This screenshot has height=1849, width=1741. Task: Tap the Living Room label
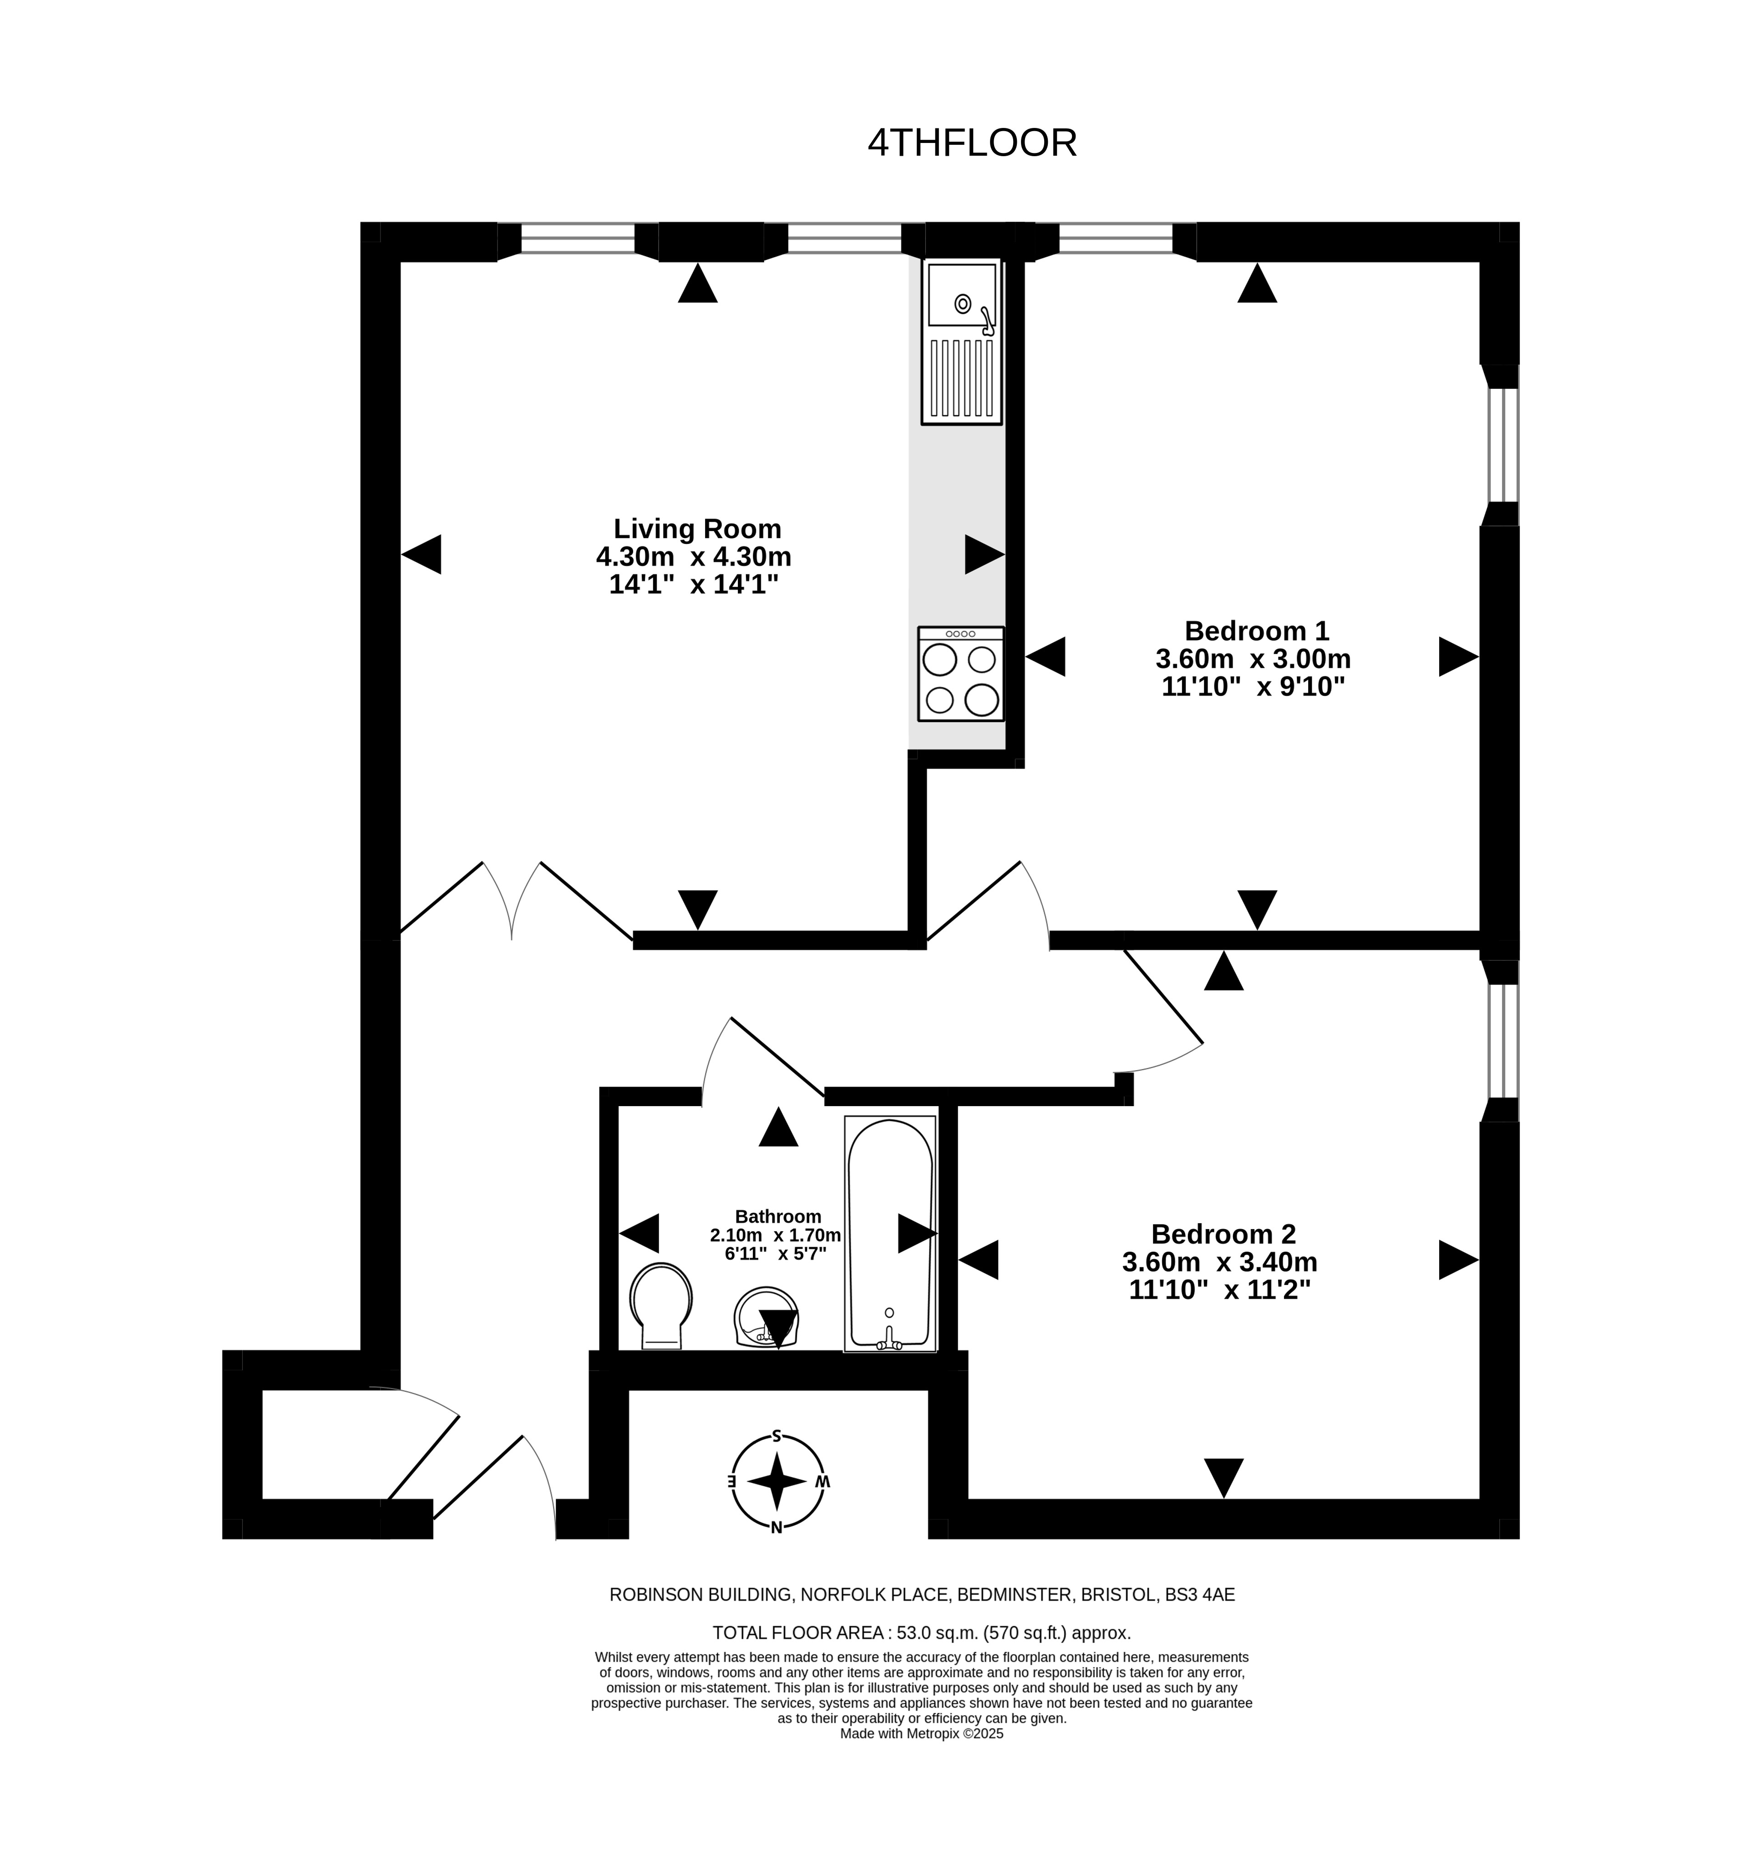[x=697, y=529]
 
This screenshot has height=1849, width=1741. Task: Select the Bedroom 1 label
[x=1256, y=630]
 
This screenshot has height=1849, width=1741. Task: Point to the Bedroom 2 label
[x=1223, y=1234]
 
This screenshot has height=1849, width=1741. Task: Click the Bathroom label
[x=777, y=1217]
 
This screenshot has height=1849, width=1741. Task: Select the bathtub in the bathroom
[x=890, y=1233]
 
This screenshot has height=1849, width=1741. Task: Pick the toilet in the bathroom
[x=661, y=1305]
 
